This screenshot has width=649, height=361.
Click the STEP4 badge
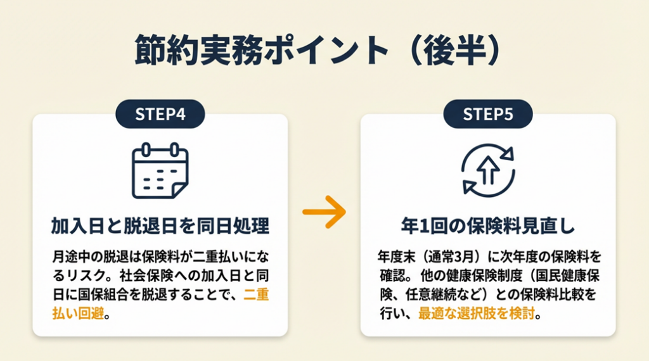160,114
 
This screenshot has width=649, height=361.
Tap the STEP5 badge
487,114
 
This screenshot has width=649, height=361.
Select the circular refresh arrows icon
488,170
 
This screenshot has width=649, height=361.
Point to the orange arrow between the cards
324,211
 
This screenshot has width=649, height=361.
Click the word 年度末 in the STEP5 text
394,258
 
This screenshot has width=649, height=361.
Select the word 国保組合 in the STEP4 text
106,295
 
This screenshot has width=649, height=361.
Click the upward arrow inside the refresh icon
488,170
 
